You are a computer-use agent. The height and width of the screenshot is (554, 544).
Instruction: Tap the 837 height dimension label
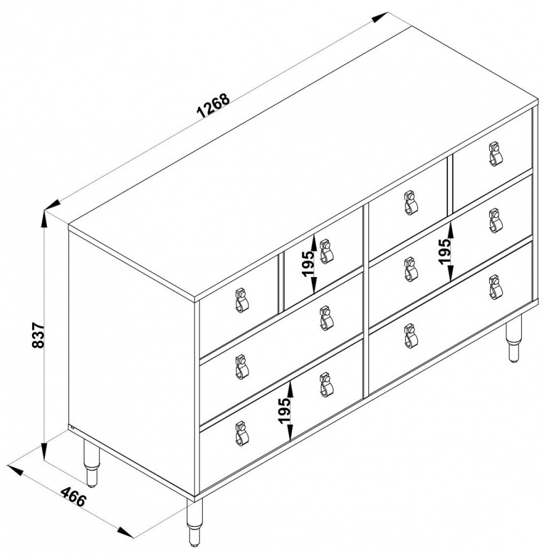point(38,335)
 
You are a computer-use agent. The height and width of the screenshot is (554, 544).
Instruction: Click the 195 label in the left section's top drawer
point(308,263)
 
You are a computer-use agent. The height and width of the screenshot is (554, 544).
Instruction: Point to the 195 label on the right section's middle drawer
point(445,251)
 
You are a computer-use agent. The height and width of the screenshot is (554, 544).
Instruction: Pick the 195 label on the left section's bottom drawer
point(285,411)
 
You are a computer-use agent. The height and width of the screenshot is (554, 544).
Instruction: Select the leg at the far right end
point(513,339)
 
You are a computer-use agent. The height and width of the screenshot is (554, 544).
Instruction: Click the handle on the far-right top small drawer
point(495,154)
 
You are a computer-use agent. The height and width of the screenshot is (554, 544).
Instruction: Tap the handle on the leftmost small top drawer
point(242,300)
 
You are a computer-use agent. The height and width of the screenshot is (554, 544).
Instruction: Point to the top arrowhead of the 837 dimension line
point(44,220)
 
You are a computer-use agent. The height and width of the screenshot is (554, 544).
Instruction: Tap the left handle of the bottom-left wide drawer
point(242,433)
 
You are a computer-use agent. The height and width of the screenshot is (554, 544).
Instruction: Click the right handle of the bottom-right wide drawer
point(495,287)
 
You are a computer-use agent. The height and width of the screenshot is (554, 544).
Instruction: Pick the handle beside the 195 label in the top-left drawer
point(326,252)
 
